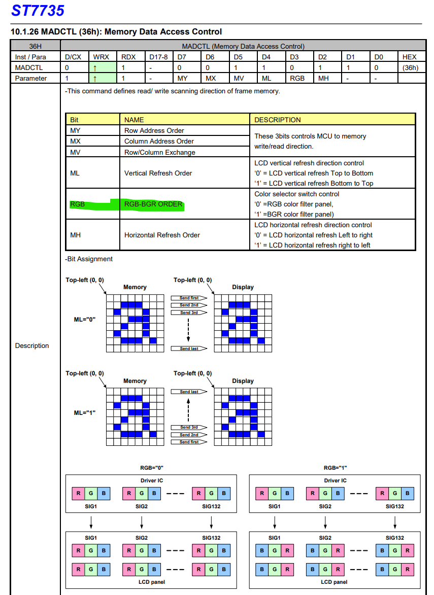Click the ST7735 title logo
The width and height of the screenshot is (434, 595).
pyautogui.click(x=38, y=11)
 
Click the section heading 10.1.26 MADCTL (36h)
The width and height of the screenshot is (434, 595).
pyautogui.click(x=116, y=32)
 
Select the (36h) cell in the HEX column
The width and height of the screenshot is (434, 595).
pyautogui.click(x=409, y=67)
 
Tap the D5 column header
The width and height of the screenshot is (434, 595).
pyautogui.click(x=239, y=57)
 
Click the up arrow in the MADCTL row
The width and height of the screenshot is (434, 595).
pyautogui.click(x=95, y=67)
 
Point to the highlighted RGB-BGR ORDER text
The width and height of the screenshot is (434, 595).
pyautogui.click(x=153, y=204)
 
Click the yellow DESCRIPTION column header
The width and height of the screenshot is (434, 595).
pyautogui.click(x=277, y=120)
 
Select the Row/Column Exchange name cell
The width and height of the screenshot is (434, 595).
pyautogui.click(x=159, y=152)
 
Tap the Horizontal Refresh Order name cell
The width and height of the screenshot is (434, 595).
pyautogui.click(x=162, y=235)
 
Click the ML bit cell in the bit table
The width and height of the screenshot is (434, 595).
pyautogui.click(x=75, y=173)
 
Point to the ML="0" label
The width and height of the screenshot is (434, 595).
pyautogui.click(x=85, y=319)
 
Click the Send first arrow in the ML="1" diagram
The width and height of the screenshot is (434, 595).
pyautogui.click(x=189, y=442)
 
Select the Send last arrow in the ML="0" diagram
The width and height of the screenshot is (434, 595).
pyautogui.click(x=189, y=348)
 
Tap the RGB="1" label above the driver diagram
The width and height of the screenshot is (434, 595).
pyautogui.click(x=335, y=468)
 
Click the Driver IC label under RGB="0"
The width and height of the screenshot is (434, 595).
pyautogui.click(x=151, y=480)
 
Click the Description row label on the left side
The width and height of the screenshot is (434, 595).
pyautogui.click(x=32, y=345)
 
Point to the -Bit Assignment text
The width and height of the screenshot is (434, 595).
pyautogui.click(x=89, y=259)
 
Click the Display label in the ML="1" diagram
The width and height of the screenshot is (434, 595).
pyautogui.click(x=243, y=381)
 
